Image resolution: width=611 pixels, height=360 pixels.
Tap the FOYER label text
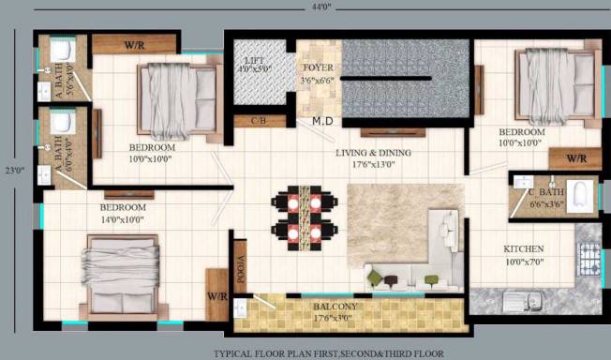coord(316,68)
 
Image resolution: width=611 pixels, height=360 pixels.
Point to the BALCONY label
coord(335,307)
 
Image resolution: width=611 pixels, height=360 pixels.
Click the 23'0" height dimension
coord(13,172)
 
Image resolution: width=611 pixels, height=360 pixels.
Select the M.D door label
coord(323,121)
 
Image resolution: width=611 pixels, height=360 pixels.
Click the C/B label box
coord(253,121)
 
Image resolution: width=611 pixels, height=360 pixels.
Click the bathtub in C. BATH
coord(580,194)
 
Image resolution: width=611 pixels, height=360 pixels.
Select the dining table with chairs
coord(304,217)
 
